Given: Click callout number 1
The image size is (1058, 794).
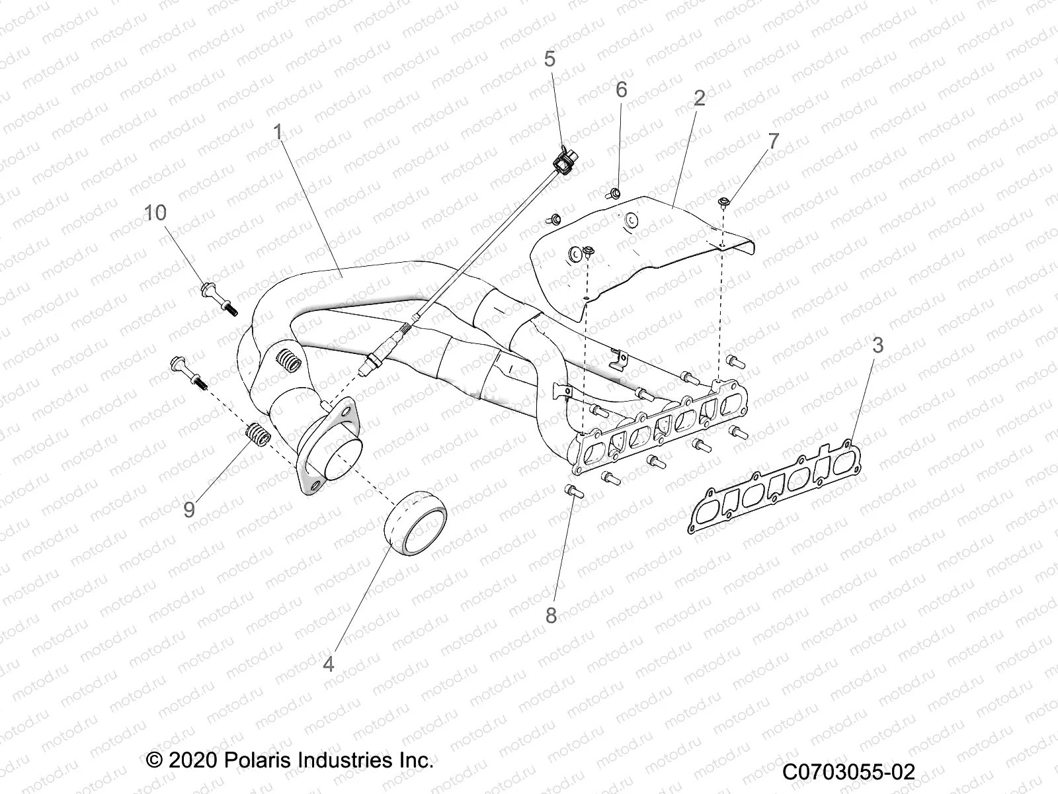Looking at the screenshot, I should pyautogui.click(x=278, y=132).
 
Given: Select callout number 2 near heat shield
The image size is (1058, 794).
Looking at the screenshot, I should pyautogui.click(x=699, y=98).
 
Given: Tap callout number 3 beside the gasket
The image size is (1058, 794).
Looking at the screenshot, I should pyautogui.click(x=878, y=345).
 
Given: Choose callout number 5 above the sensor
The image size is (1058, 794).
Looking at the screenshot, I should pyautogui.click(x=550, y=59).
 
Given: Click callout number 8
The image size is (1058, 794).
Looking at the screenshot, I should pyautogui.click(x=550, y=615).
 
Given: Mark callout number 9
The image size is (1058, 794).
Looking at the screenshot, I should pyautogui.click(x=189, y=509).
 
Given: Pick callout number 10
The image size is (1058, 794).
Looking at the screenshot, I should pyautogui.click(x=156, y=213).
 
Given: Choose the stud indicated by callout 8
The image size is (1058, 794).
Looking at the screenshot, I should pyautogui.click(x=573, y=491).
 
